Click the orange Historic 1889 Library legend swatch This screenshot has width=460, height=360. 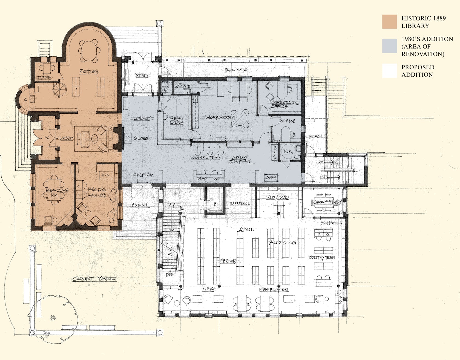click(389, 22)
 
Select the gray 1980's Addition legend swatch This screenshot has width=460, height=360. click(389, 46)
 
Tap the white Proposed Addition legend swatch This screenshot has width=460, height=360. click(389, 71)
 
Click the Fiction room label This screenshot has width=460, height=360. click(88, 71)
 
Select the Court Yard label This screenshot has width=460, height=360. click(94, 279)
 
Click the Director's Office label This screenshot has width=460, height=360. click(284, 104)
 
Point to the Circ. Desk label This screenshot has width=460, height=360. click(177, 120)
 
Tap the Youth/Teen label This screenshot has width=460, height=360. click(321, 258)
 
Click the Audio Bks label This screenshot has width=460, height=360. click(282, 243)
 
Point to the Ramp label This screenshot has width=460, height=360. click(236, 70)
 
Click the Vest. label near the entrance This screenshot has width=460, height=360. click(142, 75)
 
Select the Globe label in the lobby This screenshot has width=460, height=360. click(140, 139)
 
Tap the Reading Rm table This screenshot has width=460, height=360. click(54, 190)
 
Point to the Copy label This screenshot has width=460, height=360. click(271, 178)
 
